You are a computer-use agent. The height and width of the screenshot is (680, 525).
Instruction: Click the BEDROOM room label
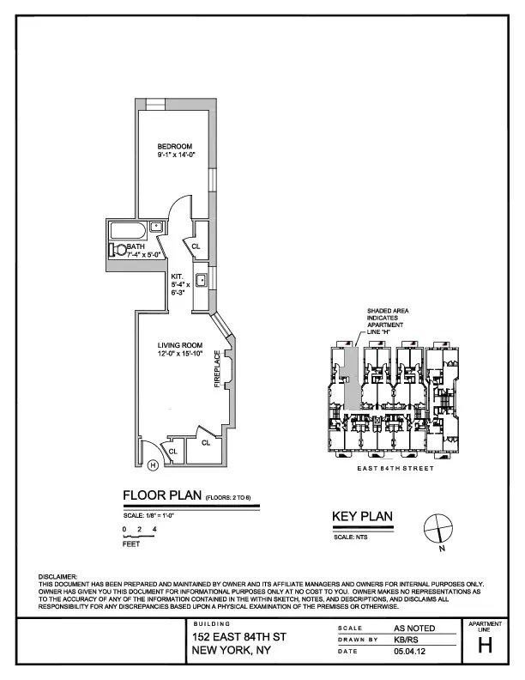pyautogui.click(x=175, y=145)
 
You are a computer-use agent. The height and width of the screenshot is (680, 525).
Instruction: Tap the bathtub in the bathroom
pyautogui.click(x=129, y=231)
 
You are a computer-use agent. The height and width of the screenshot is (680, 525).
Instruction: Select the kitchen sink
pyautogui.click(x=199, y=280)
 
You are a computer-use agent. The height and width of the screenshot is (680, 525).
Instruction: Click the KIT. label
pyautogui.click(x=178, y=276)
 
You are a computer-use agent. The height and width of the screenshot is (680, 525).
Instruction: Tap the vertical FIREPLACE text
pyautogui.click(x=218, y=368)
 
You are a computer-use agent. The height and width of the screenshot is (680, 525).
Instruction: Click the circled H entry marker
pyautogui.click(x=153, y=465)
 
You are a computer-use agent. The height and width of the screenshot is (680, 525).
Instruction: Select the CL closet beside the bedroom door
pyautogui.click(x=196, y=246)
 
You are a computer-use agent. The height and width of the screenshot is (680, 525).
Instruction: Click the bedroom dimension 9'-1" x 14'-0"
pyautogui.click(x=175, y=155)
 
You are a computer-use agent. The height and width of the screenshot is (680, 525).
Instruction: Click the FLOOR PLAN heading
pyautogui.click(x=162, y=495)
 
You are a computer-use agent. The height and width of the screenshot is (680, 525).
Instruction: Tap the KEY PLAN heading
pyautogui.click(x=362, y=516)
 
